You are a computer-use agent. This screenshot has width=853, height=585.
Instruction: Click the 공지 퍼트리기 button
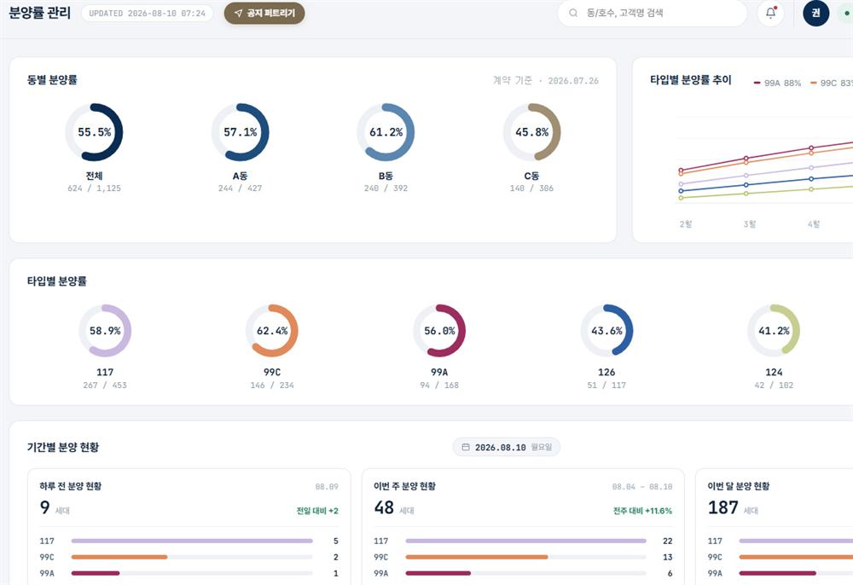[x=264, y=13]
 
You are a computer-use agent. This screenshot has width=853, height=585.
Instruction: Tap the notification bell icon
[x=770, y=13]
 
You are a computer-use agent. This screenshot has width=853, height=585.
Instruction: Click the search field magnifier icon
[x=573, y=13]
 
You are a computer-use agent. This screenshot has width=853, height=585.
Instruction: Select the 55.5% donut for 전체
[x=120, y=132]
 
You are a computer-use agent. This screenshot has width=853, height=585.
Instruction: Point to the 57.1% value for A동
[x=240, y=132]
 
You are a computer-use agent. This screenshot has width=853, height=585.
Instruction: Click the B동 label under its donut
[x=386, y=177]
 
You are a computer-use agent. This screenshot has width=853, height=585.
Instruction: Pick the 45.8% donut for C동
[x=558, y=132]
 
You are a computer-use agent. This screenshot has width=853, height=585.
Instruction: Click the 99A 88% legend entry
[x=777, y=84]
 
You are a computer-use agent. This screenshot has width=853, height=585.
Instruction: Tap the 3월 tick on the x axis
[x=749, y=224]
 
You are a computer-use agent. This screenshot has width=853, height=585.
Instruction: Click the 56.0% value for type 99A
[x=439, y=331]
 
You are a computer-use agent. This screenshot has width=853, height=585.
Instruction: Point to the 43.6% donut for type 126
[x=630, y=331]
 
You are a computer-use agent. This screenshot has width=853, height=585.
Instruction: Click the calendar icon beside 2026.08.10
[x=466, y=447]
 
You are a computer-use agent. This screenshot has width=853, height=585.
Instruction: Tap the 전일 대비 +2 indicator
[x=317, y=511]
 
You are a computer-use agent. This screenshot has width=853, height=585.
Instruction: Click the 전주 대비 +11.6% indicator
[x=642, y=511]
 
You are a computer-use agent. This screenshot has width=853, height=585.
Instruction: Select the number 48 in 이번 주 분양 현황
[x=384, y=507]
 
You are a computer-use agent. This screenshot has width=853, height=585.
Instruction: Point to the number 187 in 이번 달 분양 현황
[x=723, y=507]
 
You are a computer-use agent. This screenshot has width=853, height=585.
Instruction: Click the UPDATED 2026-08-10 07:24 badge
[x=147, y=14]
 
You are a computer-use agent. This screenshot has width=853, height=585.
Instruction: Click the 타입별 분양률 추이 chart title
[x=691, y=80]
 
